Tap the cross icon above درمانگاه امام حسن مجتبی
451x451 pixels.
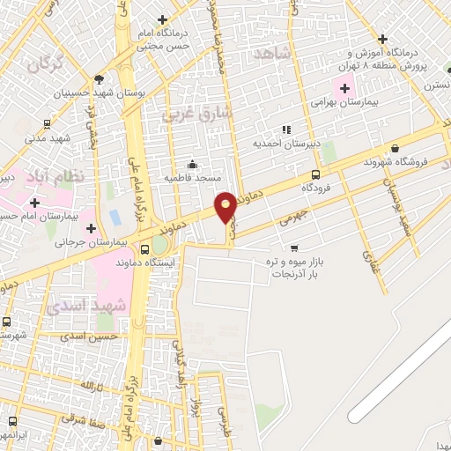(x=161, y=19)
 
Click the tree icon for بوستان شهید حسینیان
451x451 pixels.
(x=98, y=78)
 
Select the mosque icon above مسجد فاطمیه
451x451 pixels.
(x=193, y=163)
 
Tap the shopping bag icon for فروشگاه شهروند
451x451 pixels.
(x=393, y=147)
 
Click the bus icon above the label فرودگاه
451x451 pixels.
(x=315, y=174)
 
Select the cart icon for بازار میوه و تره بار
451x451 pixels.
(x=294, y=248)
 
